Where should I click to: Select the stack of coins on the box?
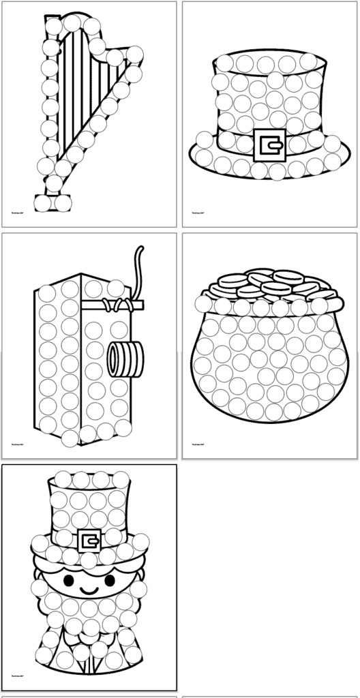click(125, 359)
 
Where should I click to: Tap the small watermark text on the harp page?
click(18, 212)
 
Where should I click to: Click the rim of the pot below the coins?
click(270, 306)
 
